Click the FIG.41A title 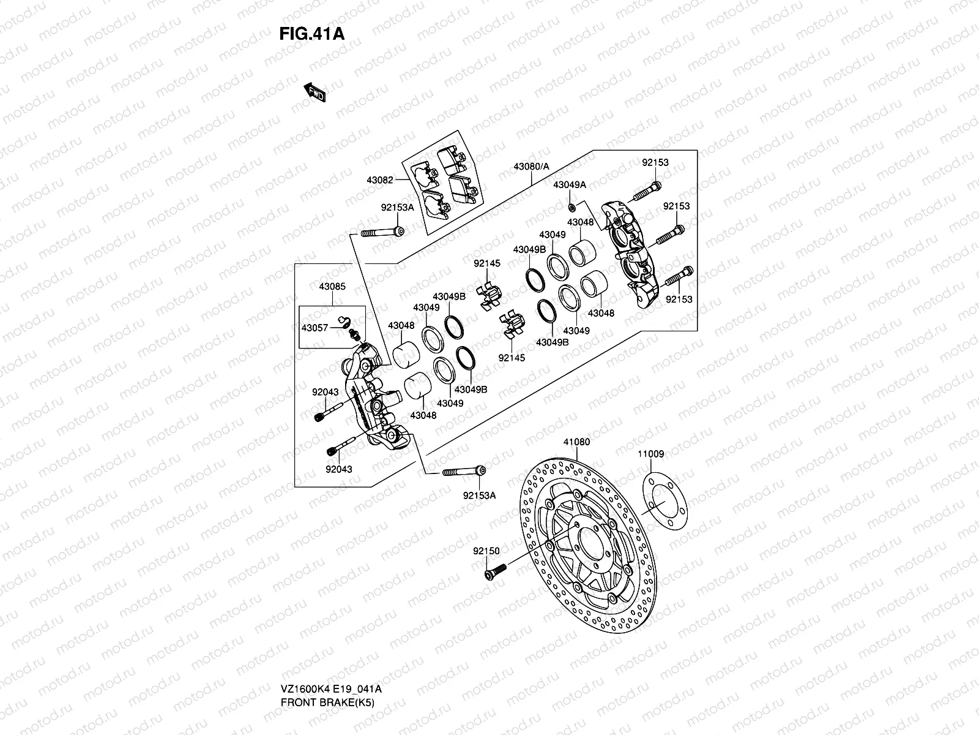[x=312, y=34]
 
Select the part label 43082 [x=380, y=180]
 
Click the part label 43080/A [x=531, y=167]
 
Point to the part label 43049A [x=570, y=184]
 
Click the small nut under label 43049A [x=570, y=205]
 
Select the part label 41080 [x=576, y=442]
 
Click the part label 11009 [x=650, y=454]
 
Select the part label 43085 [x=332, y=286]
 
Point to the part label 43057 [x=315, y=328]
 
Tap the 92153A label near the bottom [x=479, y=496]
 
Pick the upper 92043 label [x=325, y=392]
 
